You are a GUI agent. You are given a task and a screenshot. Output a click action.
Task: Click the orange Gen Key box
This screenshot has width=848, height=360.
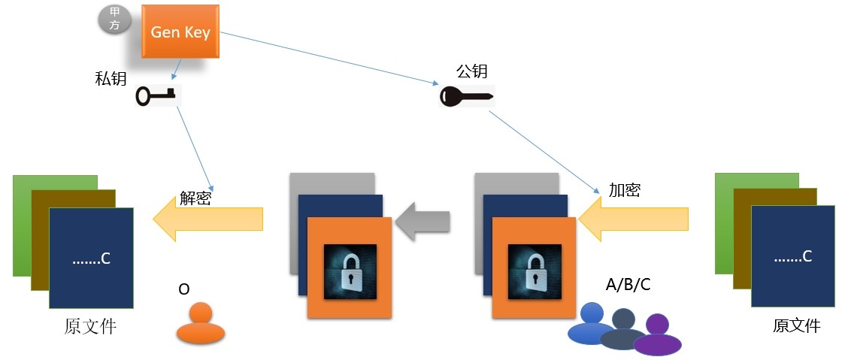[x=180, y=32]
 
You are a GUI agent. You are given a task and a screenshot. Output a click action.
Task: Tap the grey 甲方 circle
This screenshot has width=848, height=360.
[x=115, y=20]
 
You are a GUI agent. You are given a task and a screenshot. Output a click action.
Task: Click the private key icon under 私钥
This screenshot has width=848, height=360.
[x=156, y=95]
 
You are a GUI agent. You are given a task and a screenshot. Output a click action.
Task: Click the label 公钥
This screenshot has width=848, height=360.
[x=472, y=71]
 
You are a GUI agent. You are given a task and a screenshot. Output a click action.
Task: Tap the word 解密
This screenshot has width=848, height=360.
[x=195, y=198]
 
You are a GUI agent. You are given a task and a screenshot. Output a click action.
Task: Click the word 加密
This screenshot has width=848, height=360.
[x=624, y=190]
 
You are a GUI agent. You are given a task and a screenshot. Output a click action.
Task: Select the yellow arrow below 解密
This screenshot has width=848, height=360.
[x=207, y=219]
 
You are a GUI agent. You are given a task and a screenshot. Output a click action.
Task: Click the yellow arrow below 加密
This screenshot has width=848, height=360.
[x=634, y=219]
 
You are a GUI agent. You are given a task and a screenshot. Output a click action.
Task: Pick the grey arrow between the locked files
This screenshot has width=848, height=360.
[x=422, y=221]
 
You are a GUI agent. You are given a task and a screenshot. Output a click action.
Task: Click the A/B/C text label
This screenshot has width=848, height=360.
[x=628, y=285]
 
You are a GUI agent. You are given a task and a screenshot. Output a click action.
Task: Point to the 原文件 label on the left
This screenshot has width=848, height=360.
[x=90, y=328]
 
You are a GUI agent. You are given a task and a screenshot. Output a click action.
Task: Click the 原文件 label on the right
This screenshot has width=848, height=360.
[x=797, y=326]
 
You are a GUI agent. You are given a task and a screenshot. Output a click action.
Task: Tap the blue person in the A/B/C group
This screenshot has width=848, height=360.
[x=592, y=323]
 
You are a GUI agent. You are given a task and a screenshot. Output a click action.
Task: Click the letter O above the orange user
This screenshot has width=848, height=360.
[x=183, y=289]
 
